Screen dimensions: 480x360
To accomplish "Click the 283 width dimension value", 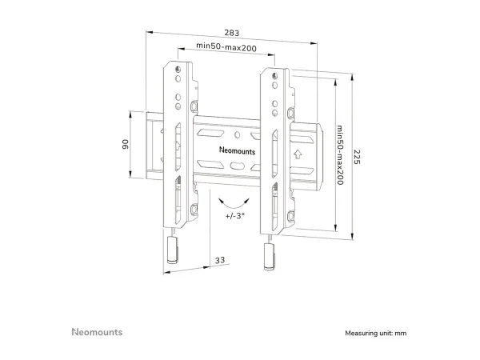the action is (232, 33).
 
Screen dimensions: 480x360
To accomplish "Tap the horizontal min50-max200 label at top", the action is (226, 47).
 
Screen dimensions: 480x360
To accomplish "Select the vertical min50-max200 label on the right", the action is (340, 155).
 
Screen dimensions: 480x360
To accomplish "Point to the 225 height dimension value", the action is (357, 157).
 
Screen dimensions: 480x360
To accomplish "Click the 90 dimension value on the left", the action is (126, 144).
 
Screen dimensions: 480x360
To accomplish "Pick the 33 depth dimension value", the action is (220, 260).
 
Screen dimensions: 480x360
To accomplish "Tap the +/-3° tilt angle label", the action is (235, 216).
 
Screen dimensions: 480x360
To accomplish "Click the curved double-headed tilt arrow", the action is (234, 203).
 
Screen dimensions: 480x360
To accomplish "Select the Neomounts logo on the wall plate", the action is (238, 150).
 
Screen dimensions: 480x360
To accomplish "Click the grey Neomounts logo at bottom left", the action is (97, 332).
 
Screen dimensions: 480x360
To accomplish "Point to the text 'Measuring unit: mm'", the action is (376, 333).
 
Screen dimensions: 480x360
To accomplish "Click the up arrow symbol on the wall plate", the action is (298, 154).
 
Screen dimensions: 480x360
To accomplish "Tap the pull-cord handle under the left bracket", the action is (172, 250).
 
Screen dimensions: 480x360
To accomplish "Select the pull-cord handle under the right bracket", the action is (270, 257).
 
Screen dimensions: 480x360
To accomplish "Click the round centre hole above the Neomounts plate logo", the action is (238, 134).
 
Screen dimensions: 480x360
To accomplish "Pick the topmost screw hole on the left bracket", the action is (178, 70).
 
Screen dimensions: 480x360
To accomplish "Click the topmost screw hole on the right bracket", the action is (275, 76).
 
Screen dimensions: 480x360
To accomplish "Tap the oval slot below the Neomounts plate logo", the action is (237, 166).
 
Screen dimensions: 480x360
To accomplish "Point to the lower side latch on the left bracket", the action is (194, 210).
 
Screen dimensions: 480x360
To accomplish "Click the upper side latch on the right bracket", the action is (291, 113).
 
